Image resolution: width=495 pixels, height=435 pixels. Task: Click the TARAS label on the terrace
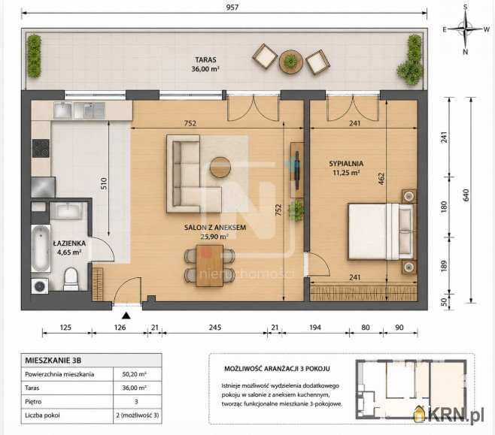pos(205,59)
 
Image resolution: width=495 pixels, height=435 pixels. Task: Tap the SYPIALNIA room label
pos(346,164)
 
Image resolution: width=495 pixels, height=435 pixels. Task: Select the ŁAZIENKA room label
pos(69,243)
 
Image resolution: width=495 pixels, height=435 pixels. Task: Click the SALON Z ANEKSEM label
pos(215,228)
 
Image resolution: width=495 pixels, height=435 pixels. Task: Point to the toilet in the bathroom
pos(71,279)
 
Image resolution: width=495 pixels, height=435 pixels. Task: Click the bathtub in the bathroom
pos(41,248)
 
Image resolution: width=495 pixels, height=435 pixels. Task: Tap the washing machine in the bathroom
pos(40,286)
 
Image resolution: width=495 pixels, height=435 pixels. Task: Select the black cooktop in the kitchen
pos(41,149)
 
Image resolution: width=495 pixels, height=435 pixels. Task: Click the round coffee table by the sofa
pos(220,168)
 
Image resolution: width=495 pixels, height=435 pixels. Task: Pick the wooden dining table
pos(209,266)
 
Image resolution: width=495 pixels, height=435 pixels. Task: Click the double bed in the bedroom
pos(381,231)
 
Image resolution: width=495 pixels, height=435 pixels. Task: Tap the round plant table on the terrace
pos(290,62)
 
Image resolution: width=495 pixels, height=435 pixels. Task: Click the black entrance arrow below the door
pos(126,316)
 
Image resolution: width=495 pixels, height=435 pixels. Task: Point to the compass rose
pos(466,29)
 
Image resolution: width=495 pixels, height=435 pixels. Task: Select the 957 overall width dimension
pos(232,7)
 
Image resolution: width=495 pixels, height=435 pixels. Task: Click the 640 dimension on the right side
pos(466,195)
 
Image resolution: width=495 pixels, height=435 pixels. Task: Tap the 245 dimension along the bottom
pos(215,328)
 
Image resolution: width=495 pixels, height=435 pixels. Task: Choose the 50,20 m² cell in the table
pos(134,374)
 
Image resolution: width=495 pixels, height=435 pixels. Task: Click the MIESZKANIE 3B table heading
pos(53,361)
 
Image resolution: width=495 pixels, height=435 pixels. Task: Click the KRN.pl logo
pos(448,414)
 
